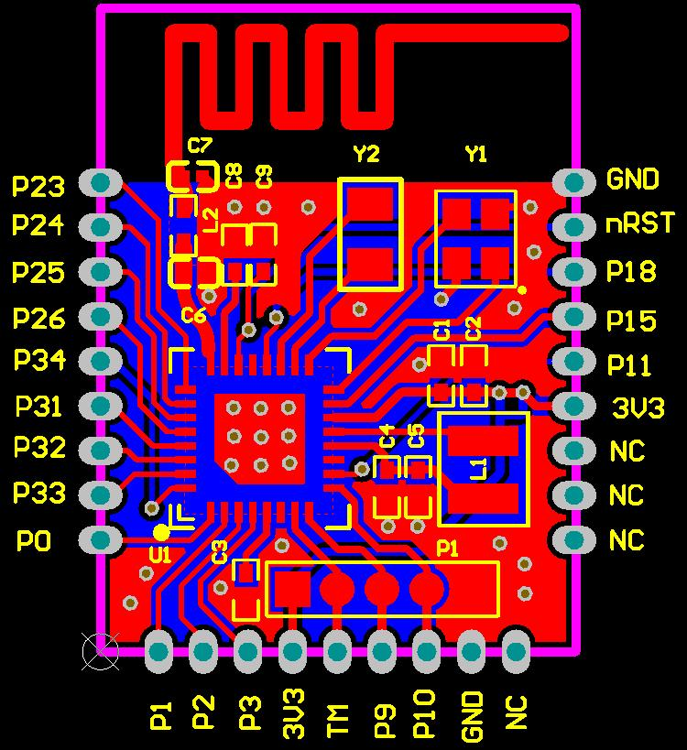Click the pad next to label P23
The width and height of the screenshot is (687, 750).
pyautogui.click(x=101, y=182)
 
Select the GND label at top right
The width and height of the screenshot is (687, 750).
pyautogui.click(x=632, y=179)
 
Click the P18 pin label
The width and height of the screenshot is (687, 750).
pyautogui.click(x=631, y=272)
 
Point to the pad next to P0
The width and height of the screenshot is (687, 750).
pyautogui.click(x=101, y=538)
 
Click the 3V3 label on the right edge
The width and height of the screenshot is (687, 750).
pyautogui.click(x=637, y=408)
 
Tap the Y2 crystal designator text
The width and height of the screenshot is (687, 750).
pyautogui.click(x=365, y=154)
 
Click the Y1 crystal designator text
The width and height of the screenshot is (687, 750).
pyautogui.click(x=476, y=154)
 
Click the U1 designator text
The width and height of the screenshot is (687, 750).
pyautogui.click(x=160, y=554)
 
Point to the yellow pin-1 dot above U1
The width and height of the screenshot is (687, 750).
pyautogui.click(x=161, y=532)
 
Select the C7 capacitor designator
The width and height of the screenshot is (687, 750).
pyautogui.click(x=199, y=145)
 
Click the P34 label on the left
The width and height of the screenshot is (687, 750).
pyautogui.click(x=39, y=360)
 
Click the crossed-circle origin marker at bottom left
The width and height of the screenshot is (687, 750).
pyautogui.click(x=100, y=651)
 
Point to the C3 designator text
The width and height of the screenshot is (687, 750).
pyautogui.click(x=219, y=552)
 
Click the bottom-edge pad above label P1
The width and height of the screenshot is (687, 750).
pyautogui.click(x=159, y=652)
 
